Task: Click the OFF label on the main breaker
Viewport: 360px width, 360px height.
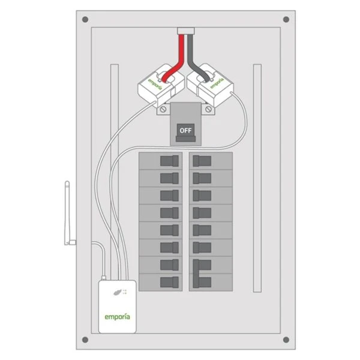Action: (x=185, y=130)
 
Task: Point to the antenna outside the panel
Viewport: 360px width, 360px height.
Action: (x=67, y=213)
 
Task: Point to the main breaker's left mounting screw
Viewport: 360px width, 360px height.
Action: (x=162, y=110)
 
